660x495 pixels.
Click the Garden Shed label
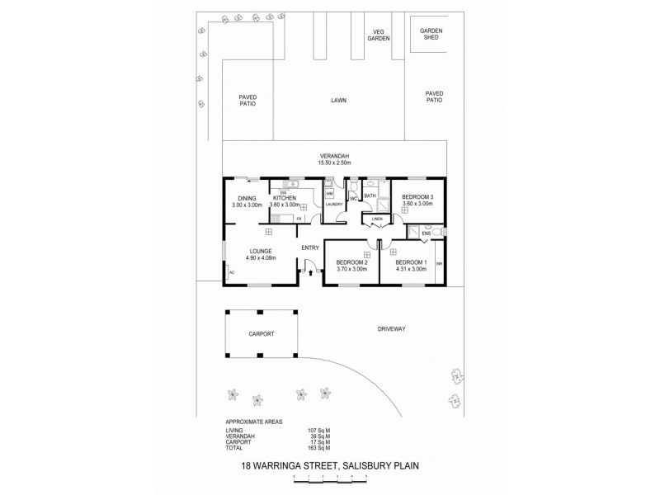pos(431,35)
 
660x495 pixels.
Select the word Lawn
pos(338,100)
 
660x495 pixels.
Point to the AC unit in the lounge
pos(232,271)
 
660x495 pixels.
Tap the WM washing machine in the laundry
pos(329,193)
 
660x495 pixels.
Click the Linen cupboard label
pos(376,219)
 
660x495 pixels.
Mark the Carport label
pos(261,334)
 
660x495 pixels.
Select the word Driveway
pos(392,328)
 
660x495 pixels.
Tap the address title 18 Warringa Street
pos(329,465)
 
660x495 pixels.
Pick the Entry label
pos(310,247)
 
